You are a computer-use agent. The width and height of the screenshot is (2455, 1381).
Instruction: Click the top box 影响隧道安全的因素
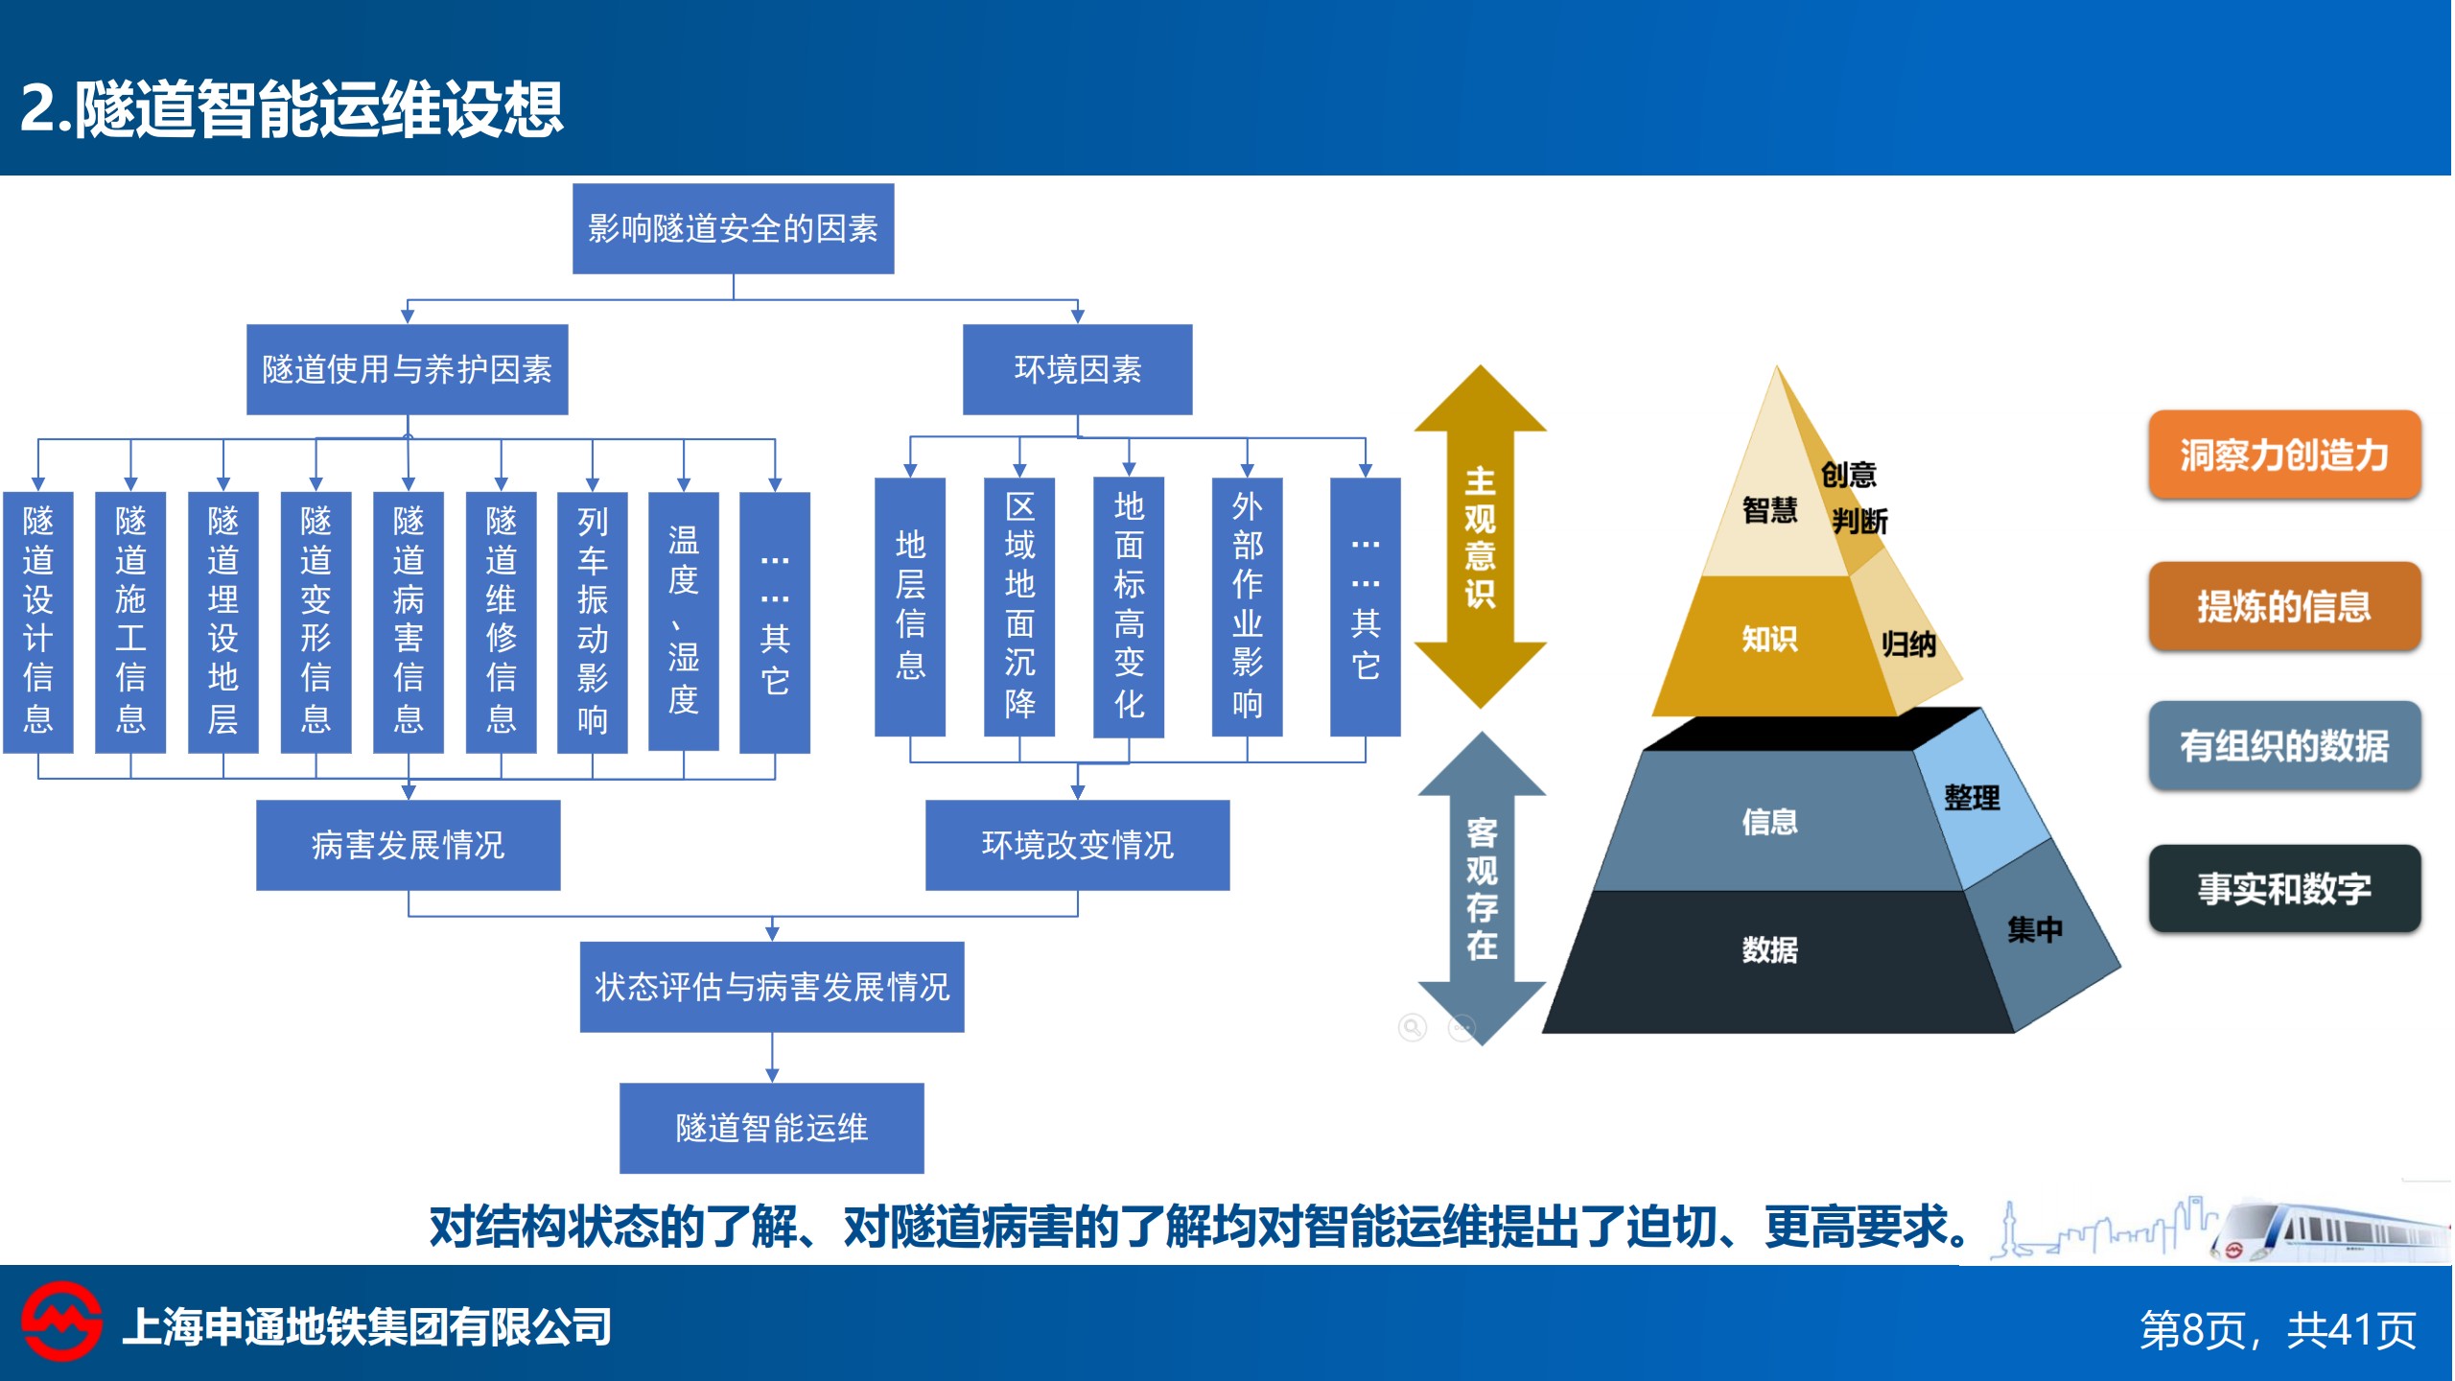pyautogui.click(x=734, y=228)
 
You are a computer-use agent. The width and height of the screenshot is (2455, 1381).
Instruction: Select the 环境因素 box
pyautogui.click(x=1078, y=369)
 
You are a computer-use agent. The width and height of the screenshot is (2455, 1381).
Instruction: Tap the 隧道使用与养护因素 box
pyautogui.click(x=408, y=369)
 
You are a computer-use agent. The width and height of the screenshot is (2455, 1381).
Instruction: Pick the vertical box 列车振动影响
pyautogui.click(x=593, y=622)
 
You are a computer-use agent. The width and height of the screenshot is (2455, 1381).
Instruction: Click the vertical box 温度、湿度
pyautogui.click(x=684, y=621)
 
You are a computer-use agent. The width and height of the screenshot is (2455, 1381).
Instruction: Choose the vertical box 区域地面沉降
pyautogui.click(x=1019, y=607)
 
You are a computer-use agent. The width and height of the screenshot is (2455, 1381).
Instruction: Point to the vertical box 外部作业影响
pyautogui.click(x=1248, y=607)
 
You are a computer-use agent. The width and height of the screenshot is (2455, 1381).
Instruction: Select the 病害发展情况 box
pyautogui.click(x=409, y=846)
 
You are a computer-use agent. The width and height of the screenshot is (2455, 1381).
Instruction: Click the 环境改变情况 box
pyautogui.click(x=1078, y=846)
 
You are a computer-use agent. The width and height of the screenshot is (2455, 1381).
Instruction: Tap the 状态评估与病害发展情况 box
pyautogui.click(x=772, y=987)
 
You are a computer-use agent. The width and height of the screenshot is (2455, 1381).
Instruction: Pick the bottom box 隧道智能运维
pyautogui.click(x=772, y=1129)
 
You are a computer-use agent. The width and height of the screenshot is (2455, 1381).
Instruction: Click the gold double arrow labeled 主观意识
pyautogui.click(x=1481, y=537)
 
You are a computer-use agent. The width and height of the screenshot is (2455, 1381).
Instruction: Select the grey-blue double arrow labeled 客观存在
pyautogui.click(x=1483, y=888)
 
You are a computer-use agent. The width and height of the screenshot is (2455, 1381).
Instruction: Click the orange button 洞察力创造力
pyautogui.click(x=2284, y=455)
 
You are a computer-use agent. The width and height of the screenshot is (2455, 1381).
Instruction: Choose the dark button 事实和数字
pyautogui.click(x=2284, y=889)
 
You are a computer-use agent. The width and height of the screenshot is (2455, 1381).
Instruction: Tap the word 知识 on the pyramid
pyautogui.click(x=1770, y=639)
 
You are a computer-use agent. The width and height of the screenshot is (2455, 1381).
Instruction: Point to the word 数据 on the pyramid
pyautogui.click(x=1770, y=949)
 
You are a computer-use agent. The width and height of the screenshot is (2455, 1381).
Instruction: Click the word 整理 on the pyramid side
pyautogui.click(x=1973, y=797)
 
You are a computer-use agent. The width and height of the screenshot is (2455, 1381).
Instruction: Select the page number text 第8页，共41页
pyautogui.click(x=2279, y=1330)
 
